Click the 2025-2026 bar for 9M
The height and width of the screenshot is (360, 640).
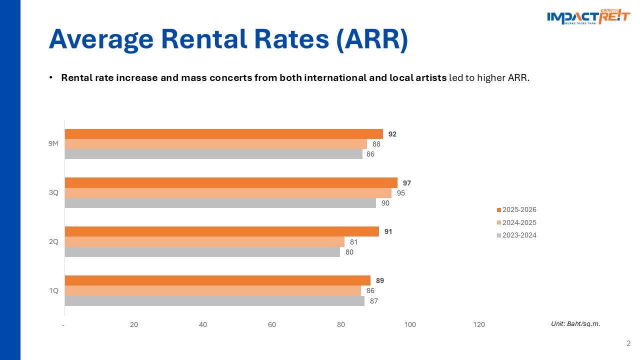pyautogui.click(x=223, y=134)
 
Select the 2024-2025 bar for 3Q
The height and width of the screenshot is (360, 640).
pyautogui.click(x=228, y=193)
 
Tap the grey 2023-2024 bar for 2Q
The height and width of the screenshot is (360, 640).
pyautogui.click(x=202, y=252)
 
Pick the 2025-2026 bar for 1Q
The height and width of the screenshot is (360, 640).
pyautogui.click(x=217, y=280)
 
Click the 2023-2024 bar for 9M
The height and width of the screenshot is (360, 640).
pyautogui.click(x=213, y=154)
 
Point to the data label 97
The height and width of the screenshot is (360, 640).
pyautogui.click(x=406, y=183)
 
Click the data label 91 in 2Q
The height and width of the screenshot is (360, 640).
pyautogui.click(x=388, y=232)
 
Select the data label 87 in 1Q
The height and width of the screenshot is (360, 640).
pyautogui.click(x=374, y=301)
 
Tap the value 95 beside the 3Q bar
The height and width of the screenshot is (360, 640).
pyautogui.click(x=401, y=193)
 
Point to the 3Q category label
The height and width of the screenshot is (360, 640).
pyautogui.click(x=53, y=192)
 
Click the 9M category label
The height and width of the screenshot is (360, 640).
pyautogui.click(x=53, y=144)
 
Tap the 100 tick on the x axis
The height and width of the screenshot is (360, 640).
pyautogui.click(x=410, y=325)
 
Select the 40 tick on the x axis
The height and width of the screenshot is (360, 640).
pyautogui.click(x=203, y=325)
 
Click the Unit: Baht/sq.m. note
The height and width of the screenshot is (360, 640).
pyautogui.click(x=575, y=324)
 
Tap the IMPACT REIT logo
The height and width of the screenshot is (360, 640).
pyautogui.click(x=588, y=17)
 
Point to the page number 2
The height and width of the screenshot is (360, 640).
pyautogui.click(x=628, y=343)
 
